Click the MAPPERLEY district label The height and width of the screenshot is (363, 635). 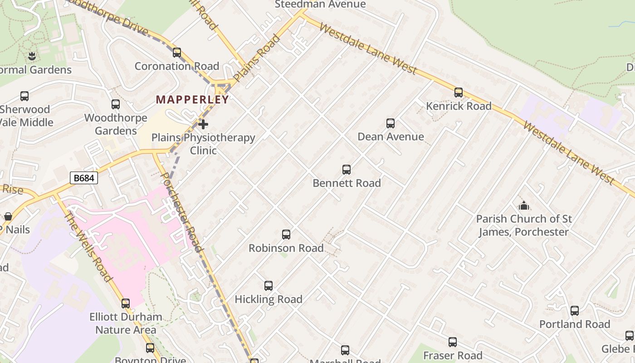pos(192,100)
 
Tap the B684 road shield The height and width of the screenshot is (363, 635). pos(84,178)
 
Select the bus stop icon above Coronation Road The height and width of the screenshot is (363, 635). pos(177,53)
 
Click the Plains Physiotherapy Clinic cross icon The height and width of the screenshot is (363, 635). pos(203,124)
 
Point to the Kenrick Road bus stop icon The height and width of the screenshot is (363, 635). pos(459,93)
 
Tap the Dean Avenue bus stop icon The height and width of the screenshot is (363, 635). pos(391,123)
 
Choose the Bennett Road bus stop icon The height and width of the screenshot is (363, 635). pos(347,170)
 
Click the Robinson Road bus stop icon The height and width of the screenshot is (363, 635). pos(286,235)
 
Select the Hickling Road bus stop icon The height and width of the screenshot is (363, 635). pos(269,286)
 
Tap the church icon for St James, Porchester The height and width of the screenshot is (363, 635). pos(524,206)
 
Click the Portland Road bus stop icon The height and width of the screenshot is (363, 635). pos(575,311)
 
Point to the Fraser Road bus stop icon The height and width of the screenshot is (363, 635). pos(453,342)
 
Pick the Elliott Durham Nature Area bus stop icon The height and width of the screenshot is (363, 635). pos(126,303)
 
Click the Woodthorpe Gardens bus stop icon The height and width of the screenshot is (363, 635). pos(116,104)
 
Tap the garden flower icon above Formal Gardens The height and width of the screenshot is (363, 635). pos(32,56)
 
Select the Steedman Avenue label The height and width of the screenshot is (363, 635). pos(320,5)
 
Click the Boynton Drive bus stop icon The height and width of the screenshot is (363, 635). pos(150,348)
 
